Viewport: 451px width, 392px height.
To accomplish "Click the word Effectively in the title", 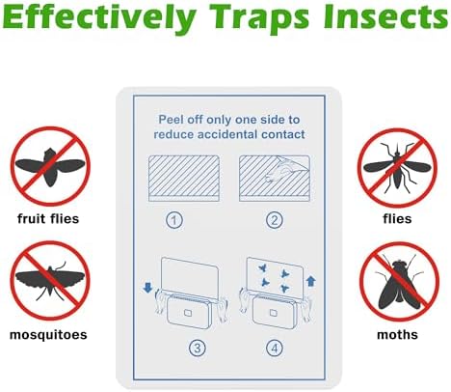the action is pos(99,18).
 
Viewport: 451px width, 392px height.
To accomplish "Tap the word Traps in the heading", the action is pos(259,18).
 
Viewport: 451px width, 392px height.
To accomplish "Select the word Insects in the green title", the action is pos(385,16).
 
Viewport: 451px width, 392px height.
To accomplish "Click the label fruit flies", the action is pos(48,219).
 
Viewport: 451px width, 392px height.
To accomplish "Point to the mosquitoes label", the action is pos(48,335).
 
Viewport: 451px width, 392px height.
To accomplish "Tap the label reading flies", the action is pos(397,219).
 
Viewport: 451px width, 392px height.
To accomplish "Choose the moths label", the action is pos(397,335).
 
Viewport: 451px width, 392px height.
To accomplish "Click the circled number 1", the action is pos(174,220).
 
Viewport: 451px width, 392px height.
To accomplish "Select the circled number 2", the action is pos(275,220).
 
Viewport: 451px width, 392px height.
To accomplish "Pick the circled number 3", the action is pos(197,348).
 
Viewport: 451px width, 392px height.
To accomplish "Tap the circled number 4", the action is pos(275,348).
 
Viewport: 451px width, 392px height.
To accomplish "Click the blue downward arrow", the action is pos(147,288).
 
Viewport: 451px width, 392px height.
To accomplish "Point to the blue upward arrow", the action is pos(310,281).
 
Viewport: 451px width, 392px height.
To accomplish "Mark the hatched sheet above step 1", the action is pos(184,179).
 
